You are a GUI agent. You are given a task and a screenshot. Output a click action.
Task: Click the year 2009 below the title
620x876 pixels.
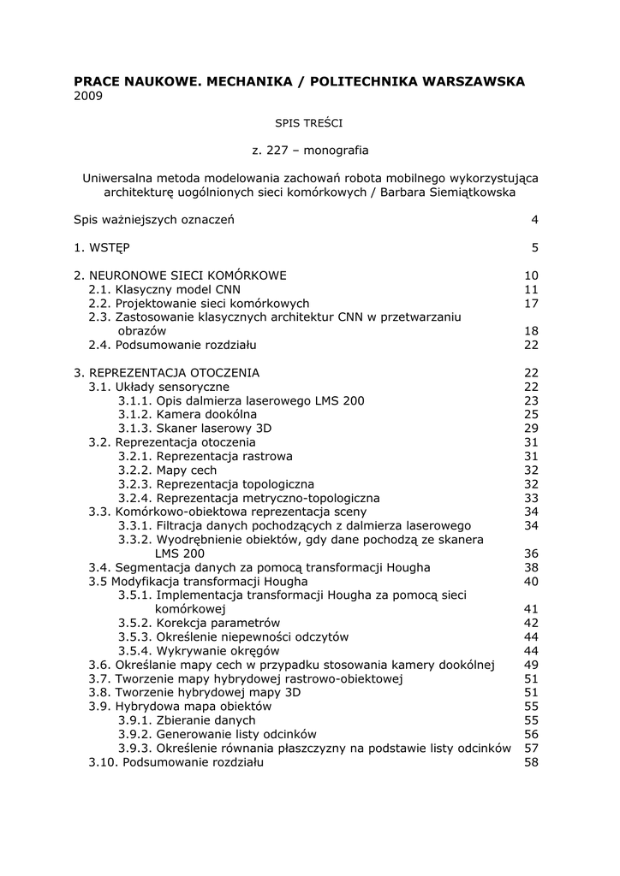tap(88, 96)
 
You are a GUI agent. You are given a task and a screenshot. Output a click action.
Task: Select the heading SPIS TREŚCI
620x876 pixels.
tap(310, 123)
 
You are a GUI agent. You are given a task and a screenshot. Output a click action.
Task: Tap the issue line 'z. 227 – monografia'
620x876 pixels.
tap(310, 151)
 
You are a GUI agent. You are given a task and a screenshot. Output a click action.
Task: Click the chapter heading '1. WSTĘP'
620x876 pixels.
tap(102, 247)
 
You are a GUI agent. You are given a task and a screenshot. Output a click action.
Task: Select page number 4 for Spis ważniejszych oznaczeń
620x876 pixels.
tap(534, 220)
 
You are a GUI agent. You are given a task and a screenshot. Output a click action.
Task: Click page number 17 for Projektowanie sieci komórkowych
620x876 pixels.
tap(531, 303)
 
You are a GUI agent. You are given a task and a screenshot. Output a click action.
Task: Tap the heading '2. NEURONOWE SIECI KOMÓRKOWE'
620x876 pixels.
tap(180, 275)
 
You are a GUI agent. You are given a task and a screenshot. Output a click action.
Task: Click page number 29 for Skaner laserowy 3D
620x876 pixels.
tap(531, 428)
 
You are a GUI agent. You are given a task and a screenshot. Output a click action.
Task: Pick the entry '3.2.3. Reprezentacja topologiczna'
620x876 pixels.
tap(216, 484)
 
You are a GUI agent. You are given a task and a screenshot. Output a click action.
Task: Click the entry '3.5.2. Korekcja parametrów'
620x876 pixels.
tap(199, 623)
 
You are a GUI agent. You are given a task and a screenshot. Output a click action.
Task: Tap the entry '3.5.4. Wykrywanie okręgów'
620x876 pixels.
tap(199, 650)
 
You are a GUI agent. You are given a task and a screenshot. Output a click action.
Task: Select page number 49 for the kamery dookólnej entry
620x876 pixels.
tap(531, 665)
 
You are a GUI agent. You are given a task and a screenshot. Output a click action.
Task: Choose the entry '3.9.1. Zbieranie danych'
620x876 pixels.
tap(187, 720)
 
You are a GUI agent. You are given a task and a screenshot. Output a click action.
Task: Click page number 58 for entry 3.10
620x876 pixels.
tap(531, 762)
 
